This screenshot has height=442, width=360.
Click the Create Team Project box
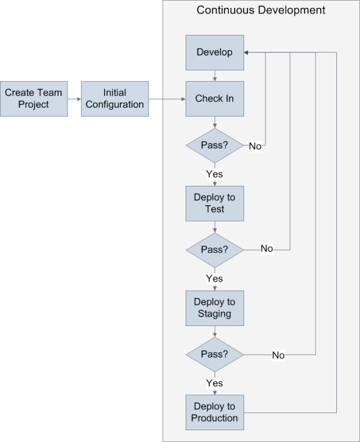pos(34,99)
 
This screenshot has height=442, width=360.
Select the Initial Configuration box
pos(115,99)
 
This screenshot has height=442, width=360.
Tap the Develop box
pos(214,52)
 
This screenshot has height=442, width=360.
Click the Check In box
pos(214,99)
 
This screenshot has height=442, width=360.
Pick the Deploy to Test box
pos(214,203)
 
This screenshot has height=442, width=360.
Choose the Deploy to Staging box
pos(214,308)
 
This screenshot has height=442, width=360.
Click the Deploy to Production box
pos(214,412)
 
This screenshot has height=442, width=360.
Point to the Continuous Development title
pos(260,10)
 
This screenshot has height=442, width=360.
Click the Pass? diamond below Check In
pos(214,145)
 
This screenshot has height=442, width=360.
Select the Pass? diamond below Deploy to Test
pos(214,249)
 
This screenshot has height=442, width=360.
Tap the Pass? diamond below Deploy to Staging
pos(214,354)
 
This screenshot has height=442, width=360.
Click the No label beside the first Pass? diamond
pos(255,146)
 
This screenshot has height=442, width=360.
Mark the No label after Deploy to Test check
pos(267,249)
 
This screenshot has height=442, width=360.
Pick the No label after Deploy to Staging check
pos(278,355)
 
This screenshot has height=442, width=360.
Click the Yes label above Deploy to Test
pos(214,174)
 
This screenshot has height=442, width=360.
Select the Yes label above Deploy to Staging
pos(214,279)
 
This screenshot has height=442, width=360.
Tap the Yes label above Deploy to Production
pos(214,383)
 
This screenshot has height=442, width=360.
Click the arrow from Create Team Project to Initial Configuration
pos(74,99)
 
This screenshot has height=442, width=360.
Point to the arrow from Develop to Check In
pos(214,75)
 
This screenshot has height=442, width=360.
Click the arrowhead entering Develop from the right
pos(246,52)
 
